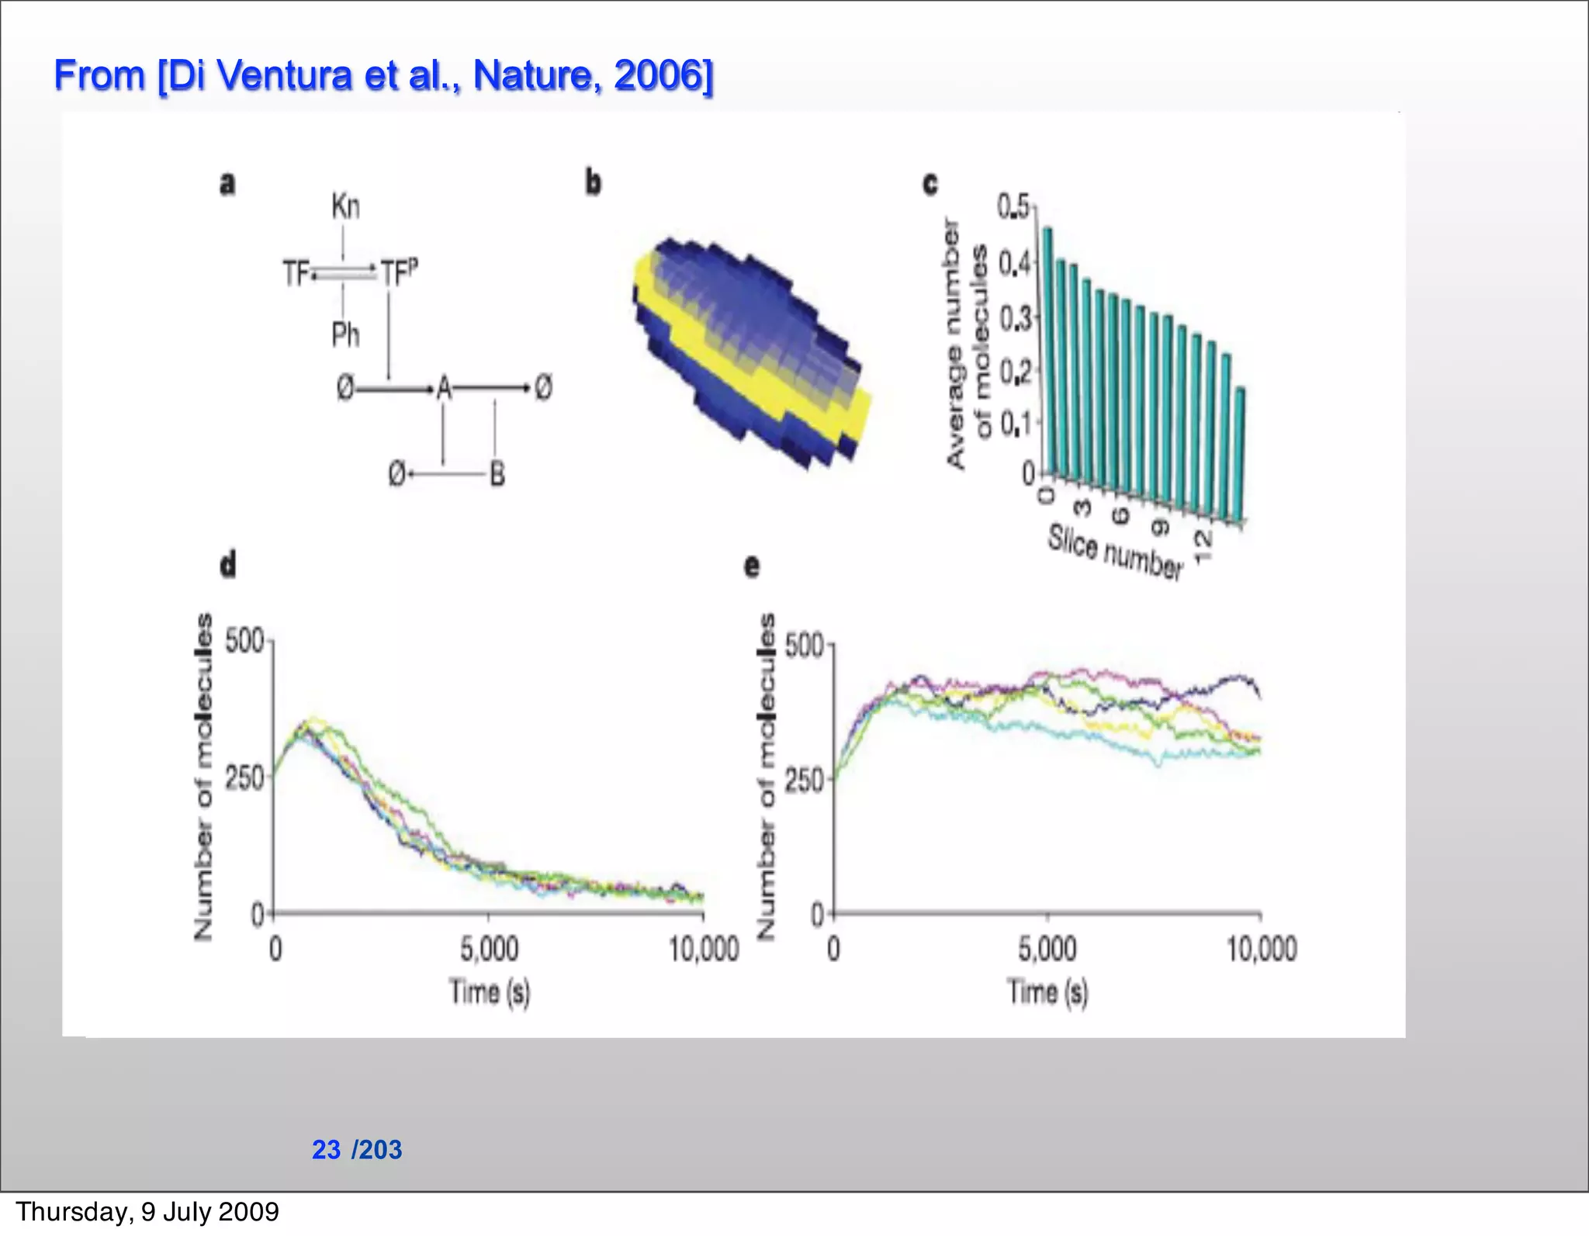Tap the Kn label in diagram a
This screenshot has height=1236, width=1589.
[345, 207]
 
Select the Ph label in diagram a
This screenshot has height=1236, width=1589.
[345, 335]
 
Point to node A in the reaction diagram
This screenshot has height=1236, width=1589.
[444, 387]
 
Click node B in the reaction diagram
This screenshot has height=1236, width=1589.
[497, 473]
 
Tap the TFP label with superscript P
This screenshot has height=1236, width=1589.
[399, 272]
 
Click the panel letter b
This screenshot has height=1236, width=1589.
[593, 183]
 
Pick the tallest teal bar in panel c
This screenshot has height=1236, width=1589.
[1047, 349]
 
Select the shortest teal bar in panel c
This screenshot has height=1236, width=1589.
[1240, 454]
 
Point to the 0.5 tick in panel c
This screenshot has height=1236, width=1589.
[1013, 207]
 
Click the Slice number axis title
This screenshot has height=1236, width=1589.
[1114, 552]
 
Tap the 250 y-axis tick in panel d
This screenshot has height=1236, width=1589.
[245, 777]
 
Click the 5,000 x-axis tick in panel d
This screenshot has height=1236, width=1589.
[489, 949]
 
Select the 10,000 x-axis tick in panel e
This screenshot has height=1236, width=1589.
[1261, 949]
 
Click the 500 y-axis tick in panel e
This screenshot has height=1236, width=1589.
[805, 646]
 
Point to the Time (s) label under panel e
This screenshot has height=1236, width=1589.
[1047, 992]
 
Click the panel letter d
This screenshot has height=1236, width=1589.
[227, 564]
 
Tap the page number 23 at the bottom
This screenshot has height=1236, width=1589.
[326, 1149]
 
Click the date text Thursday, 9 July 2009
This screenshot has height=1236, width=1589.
[147, 1211]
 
